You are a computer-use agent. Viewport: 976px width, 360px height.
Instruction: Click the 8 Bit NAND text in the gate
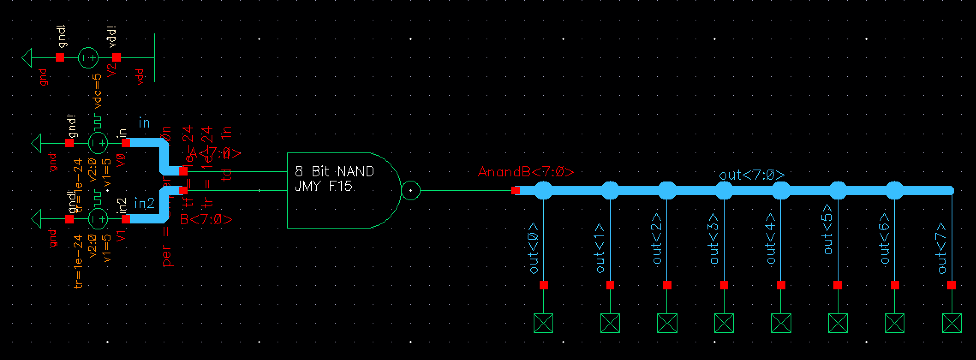(x=334, y=172)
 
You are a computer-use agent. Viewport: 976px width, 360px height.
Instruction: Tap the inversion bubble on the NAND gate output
(x=411, y=190)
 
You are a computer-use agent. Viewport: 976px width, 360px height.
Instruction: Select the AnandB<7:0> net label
(x=525, y=172)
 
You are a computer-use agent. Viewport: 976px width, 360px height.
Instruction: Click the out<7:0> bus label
(x=752, y=175)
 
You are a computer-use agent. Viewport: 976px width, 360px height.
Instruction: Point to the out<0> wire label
(x=534, y=248)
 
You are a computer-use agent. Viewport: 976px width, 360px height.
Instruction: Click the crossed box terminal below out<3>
(x=724, y=323)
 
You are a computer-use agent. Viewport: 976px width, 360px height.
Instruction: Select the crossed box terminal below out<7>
(x=952, y=323)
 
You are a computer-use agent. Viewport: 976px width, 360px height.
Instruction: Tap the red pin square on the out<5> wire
(x=838, y=285)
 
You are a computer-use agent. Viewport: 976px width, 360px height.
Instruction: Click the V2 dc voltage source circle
(x=88, y=57)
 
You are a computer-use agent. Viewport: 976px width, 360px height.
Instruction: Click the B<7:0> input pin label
(x=206, y=220)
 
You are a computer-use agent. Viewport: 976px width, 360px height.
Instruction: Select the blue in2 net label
(x=144, y=203)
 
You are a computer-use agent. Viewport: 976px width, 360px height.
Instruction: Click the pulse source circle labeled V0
(x=98, y=143)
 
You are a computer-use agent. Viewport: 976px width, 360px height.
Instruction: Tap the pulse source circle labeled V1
(x=98, y=219)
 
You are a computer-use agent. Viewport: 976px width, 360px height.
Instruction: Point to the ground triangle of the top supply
(x=27, y=57)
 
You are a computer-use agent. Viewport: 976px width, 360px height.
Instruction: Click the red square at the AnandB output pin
(x=516, y=190)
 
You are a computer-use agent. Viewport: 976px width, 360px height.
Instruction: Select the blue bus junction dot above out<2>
(x=667, y=190)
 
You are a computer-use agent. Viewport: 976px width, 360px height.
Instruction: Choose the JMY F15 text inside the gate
(x=323, y=187)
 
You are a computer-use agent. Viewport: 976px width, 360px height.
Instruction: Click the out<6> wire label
(x=885, y=244)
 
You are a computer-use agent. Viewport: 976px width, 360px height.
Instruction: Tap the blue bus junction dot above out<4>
(x=781, y=190)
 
